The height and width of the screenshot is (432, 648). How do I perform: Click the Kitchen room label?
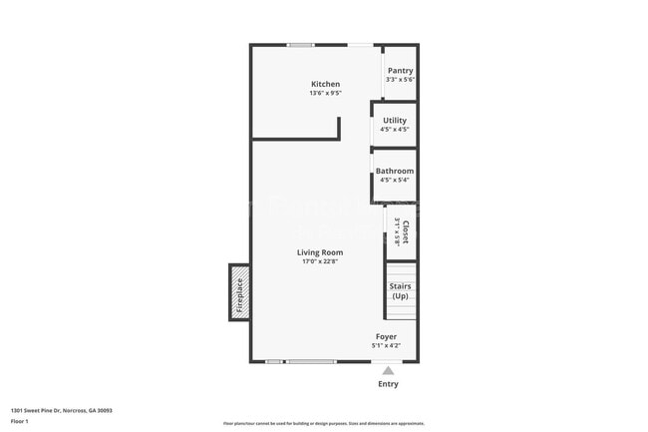coord(325,84)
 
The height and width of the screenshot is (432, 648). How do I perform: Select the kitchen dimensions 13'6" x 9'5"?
coord(325,94)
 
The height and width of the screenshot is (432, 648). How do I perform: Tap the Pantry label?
coord(400,71)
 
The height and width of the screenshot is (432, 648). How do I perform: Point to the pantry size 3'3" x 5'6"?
coord(400,80)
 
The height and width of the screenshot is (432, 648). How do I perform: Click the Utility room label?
coord(395,121)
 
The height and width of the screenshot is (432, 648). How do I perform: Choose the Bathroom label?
coord(394,171)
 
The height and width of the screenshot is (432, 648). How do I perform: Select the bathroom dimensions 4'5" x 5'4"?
coord(394,181)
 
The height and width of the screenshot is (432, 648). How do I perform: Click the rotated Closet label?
coord(405,232)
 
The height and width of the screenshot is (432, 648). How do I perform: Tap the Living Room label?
coord(320,252)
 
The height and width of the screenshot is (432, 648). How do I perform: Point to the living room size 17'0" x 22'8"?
coord(320,262)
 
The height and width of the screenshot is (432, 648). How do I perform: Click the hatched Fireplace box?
coord(239,290)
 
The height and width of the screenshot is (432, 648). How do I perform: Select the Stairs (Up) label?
coord(400,291)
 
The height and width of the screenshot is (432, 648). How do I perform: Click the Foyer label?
coord(386,336)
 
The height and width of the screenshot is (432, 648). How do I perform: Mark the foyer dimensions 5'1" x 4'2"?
coord(386,346)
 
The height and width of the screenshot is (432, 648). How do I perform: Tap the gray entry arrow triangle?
coord(388,370)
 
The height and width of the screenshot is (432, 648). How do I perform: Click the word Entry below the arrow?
coord(388,384)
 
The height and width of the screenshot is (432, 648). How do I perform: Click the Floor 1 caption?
coord(20,422)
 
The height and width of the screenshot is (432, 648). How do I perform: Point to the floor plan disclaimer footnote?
coord(323,423)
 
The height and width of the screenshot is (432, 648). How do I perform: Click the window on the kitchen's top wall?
coord(300,45)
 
